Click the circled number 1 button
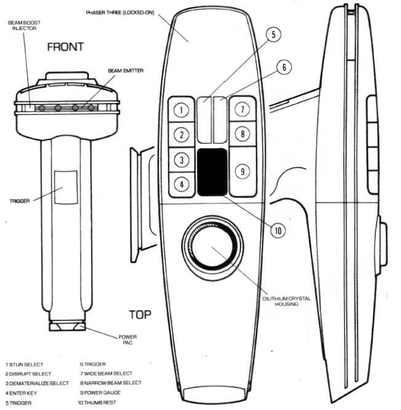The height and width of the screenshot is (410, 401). point(181,110)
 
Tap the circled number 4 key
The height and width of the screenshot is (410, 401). point(181,184)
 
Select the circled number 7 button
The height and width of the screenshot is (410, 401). point(242,109)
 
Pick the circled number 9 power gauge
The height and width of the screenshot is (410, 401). point(242,171)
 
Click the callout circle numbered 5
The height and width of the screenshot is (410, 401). point(273,34)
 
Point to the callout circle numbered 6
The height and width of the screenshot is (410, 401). point(284,67)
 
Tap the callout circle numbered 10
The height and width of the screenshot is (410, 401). point(278,231)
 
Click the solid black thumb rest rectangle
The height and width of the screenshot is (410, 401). point(212,172)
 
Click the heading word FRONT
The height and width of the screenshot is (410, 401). point(65,47)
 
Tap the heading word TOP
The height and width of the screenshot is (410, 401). point(140,315)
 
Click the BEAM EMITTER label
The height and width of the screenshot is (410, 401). point(125,71)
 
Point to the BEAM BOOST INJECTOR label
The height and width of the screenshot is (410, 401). point(24,26)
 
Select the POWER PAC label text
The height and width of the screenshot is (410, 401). point(128,340)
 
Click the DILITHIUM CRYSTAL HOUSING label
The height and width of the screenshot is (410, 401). point(287,301)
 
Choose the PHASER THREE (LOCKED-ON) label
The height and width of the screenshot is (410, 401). point(120,12)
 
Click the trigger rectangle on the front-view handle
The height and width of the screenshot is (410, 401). point(66,187)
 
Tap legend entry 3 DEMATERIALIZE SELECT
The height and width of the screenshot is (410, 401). point(37,384)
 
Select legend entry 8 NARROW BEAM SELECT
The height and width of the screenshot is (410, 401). point(111,383)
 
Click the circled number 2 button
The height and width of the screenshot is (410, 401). point(181,135)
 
